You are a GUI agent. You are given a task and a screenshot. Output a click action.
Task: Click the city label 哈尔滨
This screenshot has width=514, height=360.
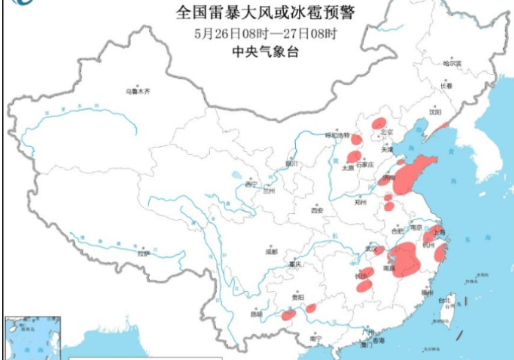[x=452, y=64]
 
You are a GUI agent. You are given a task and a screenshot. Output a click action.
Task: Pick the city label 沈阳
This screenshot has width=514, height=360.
[x=435, y=112]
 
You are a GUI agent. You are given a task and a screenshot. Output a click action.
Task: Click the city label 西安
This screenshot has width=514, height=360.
[x=316, y=210]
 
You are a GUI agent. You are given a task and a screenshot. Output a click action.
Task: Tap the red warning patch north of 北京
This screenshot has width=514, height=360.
[x=379, y=123]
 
